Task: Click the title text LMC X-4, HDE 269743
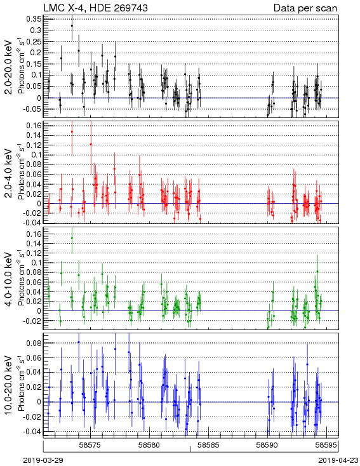[95, 8]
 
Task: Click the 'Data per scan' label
[305, 8]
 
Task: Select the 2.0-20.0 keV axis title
[8, 67]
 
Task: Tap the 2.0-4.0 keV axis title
[8, 173]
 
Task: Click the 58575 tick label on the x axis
[91, 445]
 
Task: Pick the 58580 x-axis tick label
[150, 445]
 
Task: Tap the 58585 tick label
[209, 445]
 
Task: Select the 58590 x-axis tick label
[267, 445]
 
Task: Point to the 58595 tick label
[326, 445]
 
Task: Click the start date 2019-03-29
[43, 460]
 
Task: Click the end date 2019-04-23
[338, 460]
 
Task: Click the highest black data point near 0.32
[72, 26]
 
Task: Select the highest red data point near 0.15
[72, 131]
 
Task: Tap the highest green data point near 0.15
[72, 237]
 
